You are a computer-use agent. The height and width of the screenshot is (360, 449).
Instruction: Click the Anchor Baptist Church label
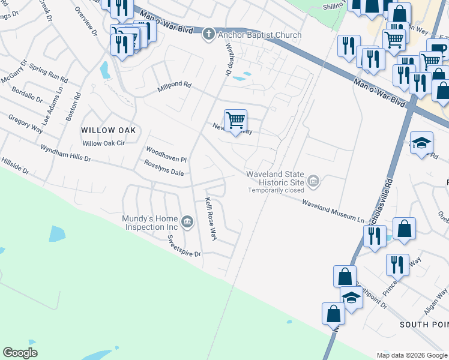tap(259, 35)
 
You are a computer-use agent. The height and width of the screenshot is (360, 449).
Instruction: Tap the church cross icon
tap(208, 34)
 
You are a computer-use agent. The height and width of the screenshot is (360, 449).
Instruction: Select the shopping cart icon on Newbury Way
tap(235, 121)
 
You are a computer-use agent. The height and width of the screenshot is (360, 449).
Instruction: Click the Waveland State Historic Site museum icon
tap(313, 181)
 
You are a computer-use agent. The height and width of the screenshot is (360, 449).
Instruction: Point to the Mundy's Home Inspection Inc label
tap(150, 223)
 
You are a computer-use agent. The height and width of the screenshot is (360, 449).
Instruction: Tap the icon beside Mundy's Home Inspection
tap(187, 223)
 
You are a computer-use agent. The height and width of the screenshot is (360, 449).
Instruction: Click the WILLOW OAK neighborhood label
tap(109, 130)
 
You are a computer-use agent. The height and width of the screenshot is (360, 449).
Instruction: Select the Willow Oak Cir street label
tap(103, 143)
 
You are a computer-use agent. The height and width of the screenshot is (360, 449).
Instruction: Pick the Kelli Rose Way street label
tap(210, 219)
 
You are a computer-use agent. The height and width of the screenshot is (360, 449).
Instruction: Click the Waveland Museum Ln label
tap(333, 212)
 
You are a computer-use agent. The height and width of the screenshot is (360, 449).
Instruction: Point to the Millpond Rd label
tap(173, 87)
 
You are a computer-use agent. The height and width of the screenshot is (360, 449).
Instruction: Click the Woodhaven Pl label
tap(167, 154)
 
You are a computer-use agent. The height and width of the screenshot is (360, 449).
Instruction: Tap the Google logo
tap(20, 353)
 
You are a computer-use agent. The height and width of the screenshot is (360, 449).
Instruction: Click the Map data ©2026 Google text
tap(411, 355)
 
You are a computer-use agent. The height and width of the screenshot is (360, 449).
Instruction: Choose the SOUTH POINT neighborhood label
tap(424, 324)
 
